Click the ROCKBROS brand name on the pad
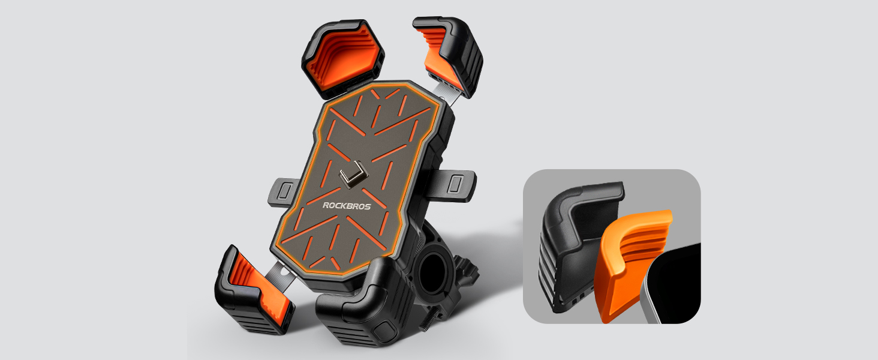click(x=347, y=205)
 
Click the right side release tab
click(x=457, y=181)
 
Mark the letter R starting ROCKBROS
click(x=326, y=206)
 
